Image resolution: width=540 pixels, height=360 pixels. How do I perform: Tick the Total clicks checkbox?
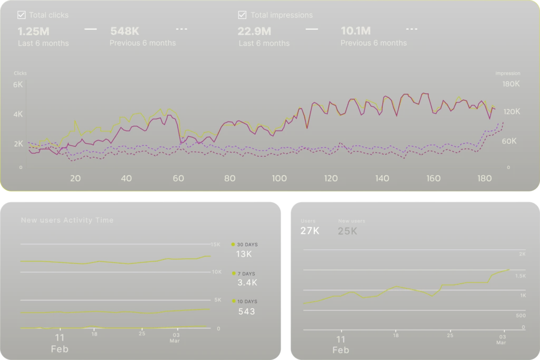(x=22, y=15)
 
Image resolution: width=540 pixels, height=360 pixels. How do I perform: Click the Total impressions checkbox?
(x=243, y=15)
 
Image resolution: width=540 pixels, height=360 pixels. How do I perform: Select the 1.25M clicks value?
(x=33, y=31)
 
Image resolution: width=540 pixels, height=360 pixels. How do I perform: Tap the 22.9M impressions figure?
(x=255, y=31)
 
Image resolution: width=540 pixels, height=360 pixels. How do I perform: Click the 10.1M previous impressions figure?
(x=356, y=31)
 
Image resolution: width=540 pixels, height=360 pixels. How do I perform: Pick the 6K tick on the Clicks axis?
(x=18, y=84)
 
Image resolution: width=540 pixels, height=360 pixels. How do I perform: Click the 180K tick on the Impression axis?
(x=511, y=84)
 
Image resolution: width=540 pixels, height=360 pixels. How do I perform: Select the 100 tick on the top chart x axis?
(x=279, y=178)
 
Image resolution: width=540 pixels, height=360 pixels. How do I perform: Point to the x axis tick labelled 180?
(x=484, y=178)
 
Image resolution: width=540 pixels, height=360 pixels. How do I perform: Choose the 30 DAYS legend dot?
(x=233, y=244)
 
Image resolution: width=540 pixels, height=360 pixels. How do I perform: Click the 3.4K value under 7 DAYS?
(x=247, y=282)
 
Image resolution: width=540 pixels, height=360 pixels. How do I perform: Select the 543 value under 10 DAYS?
(x=246, y=311)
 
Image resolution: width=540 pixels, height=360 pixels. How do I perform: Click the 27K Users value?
(x=310, y=231)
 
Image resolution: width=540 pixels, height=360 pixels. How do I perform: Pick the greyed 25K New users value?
(x=348, y=231)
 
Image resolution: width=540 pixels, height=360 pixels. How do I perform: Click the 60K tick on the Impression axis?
(x=509, y=141)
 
